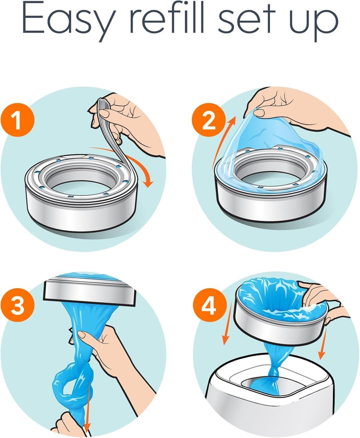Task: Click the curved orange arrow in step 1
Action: tap(143, 172)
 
